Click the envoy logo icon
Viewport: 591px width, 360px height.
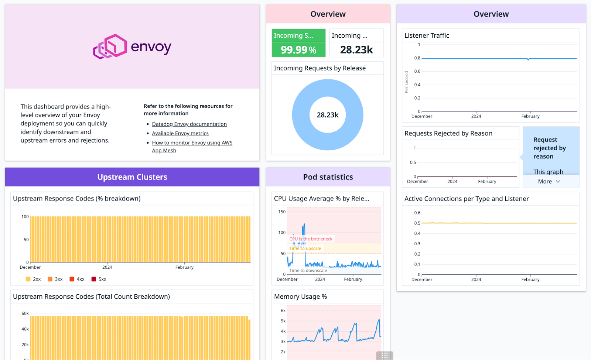(110, 47)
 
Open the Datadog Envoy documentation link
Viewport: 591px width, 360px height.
(189, 124)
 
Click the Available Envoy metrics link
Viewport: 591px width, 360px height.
(180, 133)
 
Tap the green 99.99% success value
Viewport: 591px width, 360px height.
(298, 50)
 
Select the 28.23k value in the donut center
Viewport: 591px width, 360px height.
(328, 115)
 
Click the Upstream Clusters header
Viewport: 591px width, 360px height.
(132, 177)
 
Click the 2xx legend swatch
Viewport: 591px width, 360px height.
(28, 279)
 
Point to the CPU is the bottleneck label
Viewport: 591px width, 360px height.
(311, 239)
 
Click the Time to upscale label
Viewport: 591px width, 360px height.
(305, 248)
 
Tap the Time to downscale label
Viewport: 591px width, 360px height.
(308, 271)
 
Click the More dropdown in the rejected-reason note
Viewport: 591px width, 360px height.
(549, 181)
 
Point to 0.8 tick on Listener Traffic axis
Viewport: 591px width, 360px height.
(417, 58)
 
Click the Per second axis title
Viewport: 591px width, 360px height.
(407, 82)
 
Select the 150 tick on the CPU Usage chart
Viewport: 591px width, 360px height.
(282, 212)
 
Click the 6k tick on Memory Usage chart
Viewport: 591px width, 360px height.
(283, 311)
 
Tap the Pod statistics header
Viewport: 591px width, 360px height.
(328, 177)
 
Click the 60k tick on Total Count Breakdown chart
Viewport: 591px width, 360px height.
(25, 313)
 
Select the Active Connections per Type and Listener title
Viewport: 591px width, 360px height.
(466, 199)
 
